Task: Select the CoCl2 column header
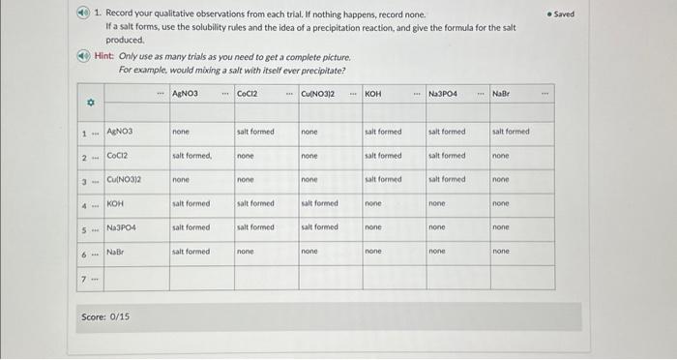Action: tap(247, 93)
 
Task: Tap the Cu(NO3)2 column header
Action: tap(316, 93)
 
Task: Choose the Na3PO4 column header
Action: tap(443, 93)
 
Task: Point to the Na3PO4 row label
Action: tap(123, 227)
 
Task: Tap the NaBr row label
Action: tap(116, 252)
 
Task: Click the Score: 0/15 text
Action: tap(103, 316)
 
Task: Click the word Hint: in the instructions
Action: tap(105, 57)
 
